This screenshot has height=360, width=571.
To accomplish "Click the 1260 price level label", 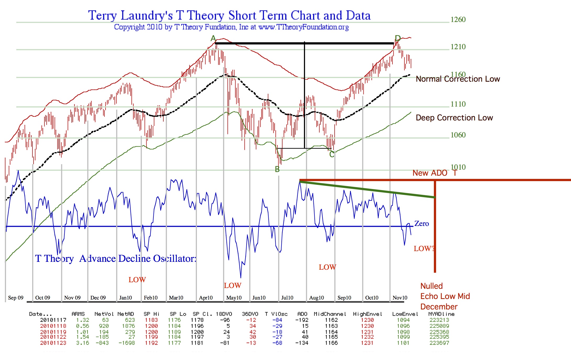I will pos(458,20).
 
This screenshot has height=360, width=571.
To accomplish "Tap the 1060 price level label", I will pos(458,135).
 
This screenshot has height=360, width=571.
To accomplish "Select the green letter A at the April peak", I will pos(213,39).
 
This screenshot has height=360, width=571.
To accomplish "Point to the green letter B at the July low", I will pos(277,169).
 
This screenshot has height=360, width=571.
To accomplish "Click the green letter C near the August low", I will pos(332,154).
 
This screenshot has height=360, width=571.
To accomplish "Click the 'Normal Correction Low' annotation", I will pos(458,79).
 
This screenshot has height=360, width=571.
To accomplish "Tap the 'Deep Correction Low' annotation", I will pos(454,118).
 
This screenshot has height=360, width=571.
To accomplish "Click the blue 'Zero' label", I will pos(422,224).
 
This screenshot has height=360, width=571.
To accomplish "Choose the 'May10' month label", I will pos(234,298).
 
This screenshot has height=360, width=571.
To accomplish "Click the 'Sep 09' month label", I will pos(16,298).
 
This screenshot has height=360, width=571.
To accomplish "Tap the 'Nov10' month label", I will pos(400,298).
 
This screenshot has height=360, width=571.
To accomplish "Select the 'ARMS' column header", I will pos(78,314).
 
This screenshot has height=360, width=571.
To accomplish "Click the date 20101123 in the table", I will pos(53,343).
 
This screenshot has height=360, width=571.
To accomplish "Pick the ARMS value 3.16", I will pos(82,343).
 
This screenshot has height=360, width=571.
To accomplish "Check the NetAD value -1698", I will pos(127,343).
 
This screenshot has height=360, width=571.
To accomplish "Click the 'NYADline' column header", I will pos(441,314).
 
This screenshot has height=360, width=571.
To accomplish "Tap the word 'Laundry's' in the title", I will pos(147,16).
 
